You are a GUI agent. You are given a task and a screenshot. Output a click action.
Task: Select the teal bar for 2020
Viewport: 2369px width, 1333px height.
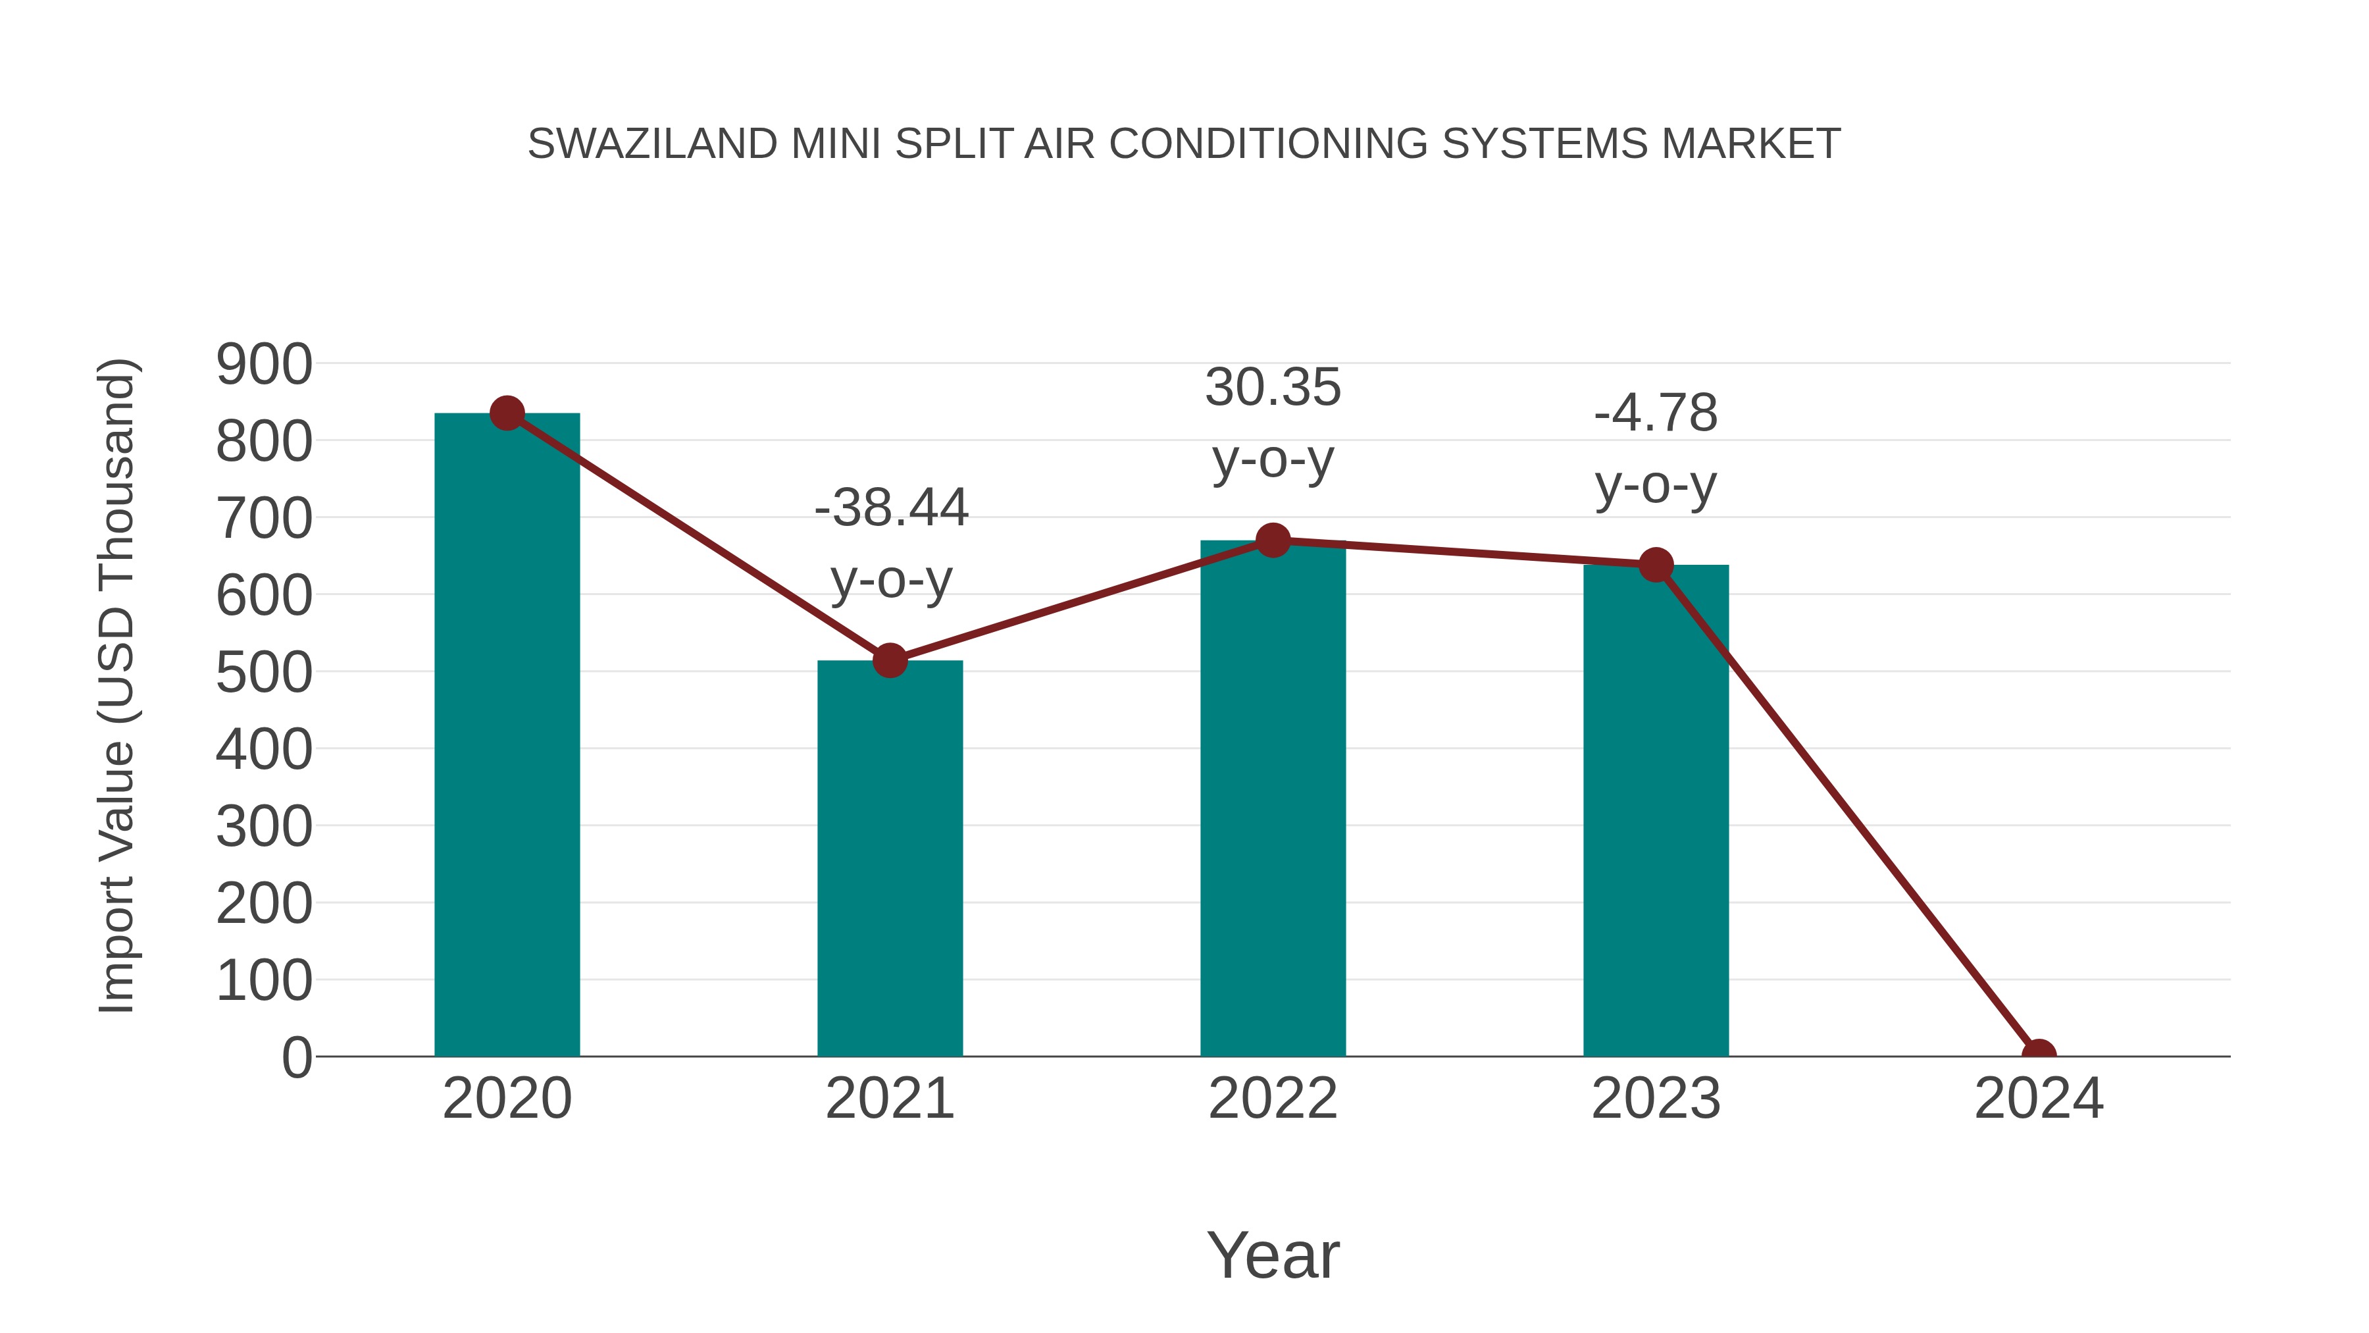pos(507,736)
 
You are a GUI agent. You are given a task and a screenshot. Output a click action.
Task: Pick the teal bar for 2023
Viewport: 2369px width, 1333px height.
pos(1656,810)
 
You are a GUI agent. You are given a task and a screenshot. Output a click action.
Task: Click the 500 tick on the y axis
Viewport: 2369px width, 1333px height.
pos(264,673)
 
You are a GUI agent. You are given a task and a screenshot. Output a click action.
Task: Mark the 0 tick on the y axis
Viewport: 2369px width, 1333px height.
pos(296,1058)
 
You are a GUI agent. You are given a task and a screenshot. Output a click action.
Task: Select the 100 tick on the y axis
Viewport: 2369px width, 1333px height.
pos(264,981)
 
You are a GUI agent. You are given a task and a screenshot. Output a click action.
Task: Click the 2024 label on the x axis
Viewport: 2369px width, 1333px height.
pos(2039,1099)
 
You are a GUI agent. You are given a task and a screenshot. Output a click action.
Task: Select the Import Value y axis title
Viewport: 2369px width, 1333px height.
pos(118,685)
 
